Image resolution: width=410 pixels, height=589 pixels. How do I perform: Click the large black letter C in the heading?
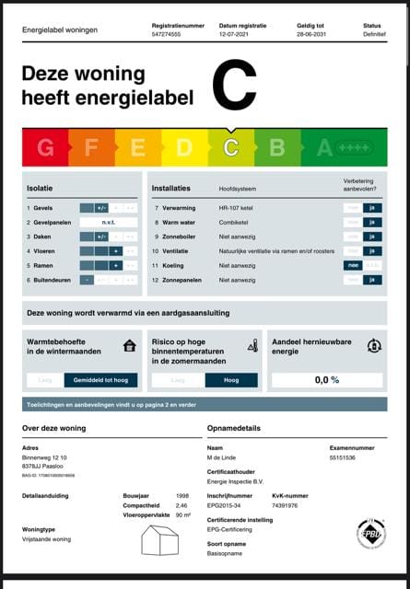(234, 85)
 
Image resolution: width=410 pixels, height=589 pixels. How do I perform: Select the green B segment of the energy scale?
(276, 147)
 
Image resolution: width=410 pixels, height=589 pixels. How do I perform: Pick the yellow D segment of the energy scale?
(184, 147)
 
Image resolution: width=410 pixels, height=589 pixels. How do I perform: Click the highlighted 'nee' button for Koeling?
(351, 265)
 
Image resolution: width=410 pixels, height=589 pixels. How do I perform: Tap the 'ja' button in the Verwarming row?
(371, 208)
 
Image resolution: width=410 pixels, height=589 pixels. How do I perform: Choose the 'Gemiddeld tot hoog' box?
(101, 379)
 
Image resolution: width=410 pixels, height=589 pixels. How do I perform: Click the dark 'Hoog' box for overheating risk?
(231, 379)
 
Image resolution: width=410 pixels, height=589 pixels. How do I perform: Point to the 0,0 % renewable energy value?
(327, 379)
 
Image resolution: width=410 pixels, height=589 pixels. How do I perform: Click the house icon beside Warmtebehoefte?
(130, 346)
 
